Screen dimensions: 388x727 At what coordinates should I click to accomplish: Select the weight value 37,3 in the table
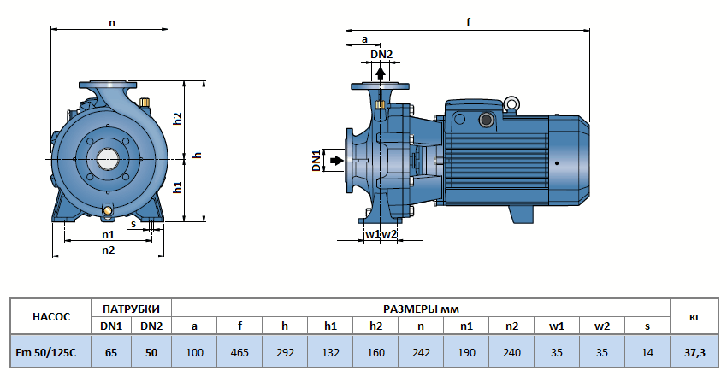(x=694, y=352)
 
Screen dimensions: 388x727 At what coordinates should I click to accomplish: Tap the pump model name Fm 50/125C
(x=50, y=352)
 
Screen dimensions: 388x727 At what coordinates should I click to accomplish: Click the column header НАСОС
(x=50, y=316)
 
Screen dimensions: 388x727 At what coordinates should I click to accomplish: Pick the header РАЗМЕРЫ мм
(x=421, y=308)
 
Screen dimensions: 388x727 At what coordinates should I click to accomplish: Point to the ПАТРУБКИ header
(x=130, y=308)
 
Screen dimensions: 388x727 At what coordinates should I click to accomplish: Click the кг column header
(x=694, y=316)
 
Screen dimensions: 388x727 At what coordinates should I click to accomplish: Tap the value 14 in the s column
(x=647, y=352)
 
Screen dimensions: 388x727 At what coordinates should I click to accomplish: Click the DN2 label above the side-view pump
(x=381, y=55)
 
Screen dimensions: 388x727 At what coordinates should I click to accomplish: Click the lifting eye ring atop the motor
(x=511, y=104)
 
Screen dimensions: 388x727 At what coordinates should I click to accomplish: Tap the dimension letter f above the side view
(x=469, y=23)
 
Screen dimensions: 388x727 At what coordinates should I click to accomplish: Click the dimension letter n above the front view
(x=111, y=23)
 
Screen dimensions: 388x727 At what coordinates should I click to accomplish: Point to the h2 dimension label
(x=178, y=119)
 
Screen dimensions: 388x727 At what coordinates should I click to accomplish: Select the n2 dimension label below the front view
(x=109, y=250)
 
